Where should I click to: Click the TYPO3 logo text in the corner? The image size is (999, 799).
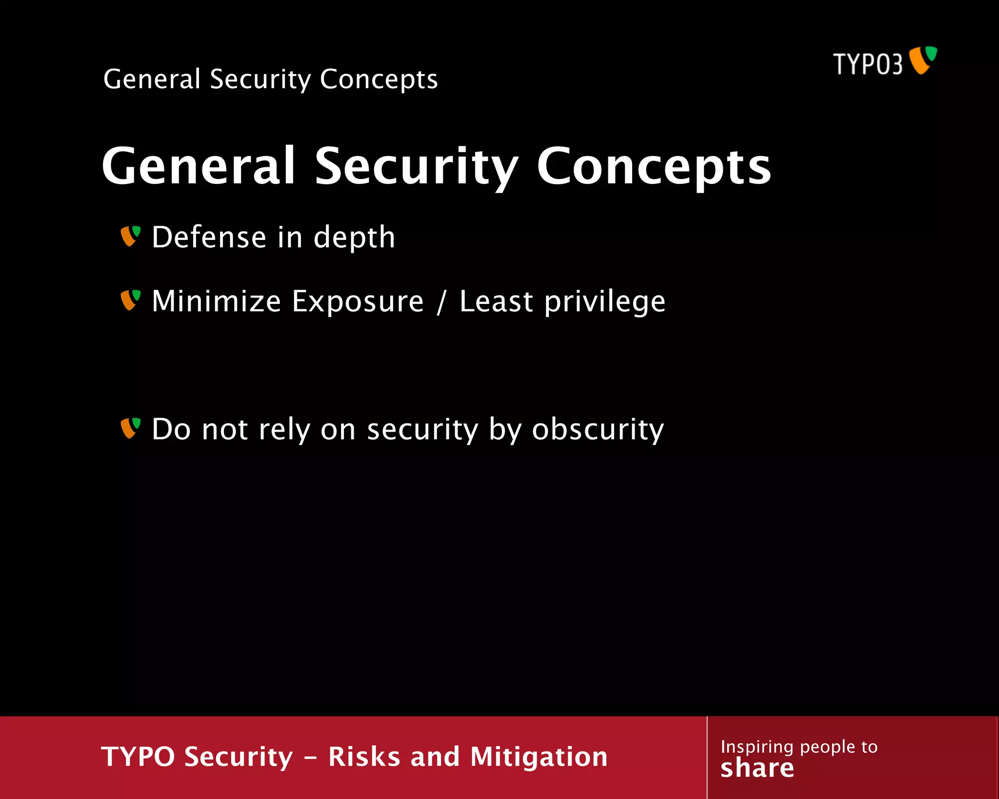pos(868,64)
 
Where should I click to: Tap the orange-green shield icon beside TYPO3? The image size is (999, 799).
pos(923,60)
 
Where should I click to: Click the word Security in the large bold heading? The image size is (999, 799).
pos(417,167)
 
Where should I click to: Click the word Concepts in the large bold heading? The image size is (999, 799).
pos(654,167)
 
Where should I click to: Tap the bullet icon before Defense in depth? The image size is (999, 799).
pos(130,236)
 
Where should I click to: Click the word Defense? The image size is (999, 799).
pos(209,238)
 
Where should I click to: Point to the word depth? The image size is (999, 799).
pos(354,238)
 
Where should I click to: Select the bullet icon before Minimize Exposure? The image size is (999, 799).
pos(130,300)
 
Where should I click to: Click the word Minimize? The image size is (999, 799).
pos(216,301)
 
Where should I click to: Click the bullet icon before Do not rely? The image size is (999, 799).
pos(130,428)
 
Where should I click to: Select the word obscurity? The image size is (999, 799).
pos(598,430)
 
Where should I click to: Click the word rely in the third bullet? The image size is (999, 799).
pos(284,430)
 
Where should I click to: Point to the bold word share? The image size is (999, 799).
pos(757,768)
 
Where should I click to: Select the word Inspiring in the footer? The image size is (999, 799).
pos(757,747)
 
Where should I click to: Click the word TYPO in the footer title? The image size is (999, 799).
pos(138,757)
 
